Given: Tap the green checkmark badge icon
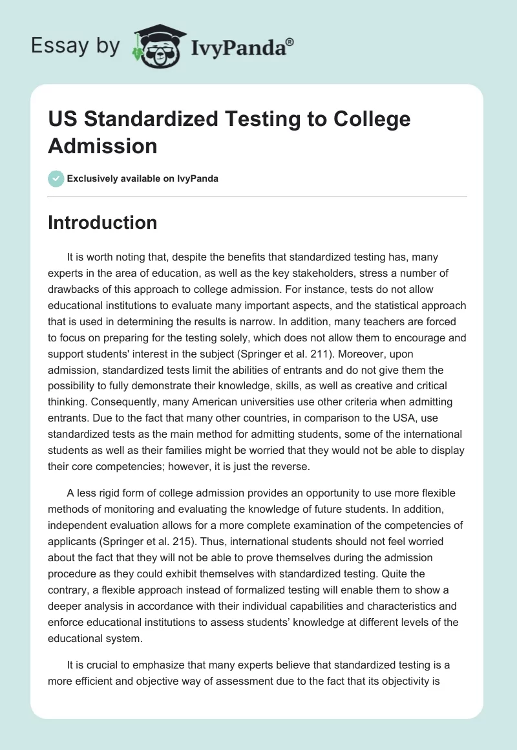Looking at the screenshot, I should pos(56,178).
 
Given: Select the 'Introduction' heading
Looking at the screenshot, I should pos(103,222).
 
